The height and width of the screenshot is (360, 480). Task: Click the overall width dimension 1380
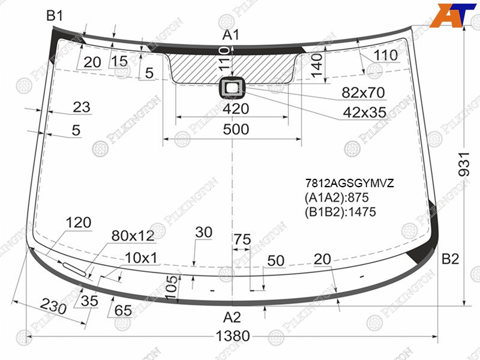click(233, 336)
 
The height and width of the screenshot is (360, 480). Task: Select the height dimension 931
click(464, 164)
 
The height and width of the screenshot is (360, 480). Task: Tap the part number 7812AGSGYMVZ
click(349, 183)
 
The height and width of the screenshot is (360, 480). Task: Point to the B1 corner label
click(55, 16)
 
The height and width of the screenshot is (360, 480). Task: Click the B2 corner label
click(450, 259)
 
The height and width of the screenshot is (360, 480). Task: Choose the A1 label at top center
click(230, 35)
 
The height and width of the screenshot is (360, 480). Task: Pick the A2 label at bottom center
click(232, 317)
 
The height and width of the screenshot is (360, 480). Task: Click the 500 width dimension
click(236, 129)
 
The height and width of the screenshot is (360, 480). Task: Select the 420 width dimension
click(236, 109)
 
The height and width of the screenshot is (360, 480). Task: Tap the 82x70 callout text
click(363, 92)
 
